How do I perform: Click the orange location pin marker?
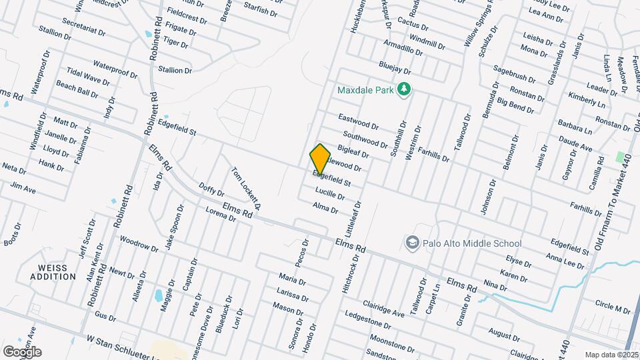[x=320, y=159]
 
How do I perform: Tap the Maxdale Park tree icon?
[x=403, y=89]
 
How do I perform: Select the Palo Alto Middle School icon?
[x=412, y=243]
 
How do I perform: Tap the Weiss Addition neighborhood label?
[x=53, y=272]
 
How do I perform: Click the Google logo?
[x=22, y=351]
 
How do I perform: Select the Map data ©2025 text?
[x=611, y=355]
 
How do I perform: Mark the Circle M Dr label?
[x=613, y=307]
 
